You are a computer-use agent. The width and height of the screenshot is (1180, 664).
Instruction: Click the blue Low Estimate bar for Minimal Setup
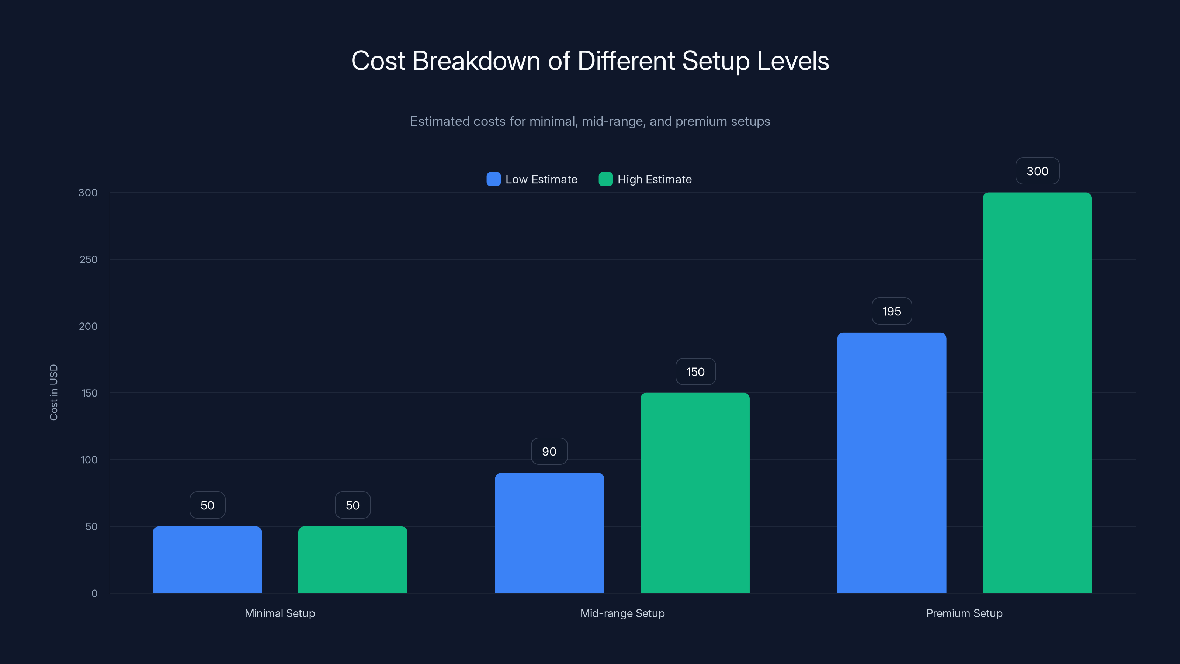point(207,560)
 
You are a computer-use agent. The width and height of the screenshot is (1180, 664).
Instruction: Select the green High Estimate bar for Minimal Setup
point(353,560)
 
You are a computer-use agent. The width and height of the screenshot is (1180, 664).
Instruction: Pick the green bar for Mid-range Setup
point(695,492)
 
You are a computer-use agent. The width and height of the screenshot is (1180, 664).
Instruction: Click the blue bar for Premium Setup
point(891,463)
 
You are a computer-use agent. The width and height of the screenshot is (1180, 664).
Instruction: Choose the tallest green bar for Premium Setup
point(1037,393)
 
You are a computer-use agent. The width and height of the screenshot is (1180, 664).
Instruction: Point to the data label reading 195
point(891,312)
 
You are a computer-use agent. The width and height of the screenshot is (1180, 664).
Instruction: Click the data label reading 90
point(549,452)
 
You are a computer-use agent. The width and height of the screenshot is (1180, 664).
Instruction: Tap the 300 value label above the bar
point(1037,172)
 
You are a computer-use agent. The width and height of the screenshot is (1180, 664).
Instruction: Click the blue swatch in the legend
point(493,179)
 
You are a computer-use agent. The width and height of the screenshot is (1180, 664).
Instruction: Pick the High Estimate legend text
point(654,179)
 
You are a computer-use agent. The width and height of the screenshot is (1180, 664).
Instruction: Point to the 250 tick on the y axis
point(88,259)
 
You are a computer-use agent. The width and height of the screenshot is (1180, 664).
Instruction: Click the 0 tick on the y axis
point(94,594)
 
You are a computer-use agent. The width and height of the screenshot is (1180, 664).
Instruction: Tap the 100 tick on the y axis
point(89,460)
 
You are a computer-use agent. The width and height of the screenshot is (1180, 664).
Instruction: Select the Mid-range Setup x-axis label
point(622,613)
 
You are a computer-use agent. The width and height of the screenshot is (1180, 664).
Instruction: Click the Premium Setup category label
point(964,613)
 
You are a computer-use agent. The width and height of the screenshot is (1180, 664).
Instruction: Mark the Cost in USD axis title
point(53,392)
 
